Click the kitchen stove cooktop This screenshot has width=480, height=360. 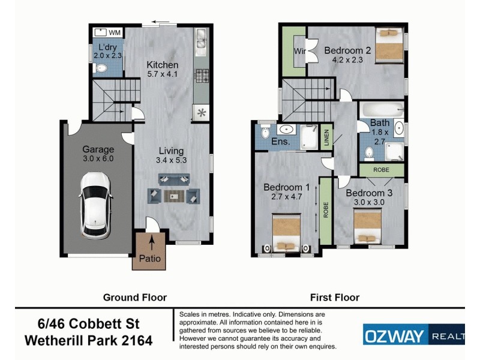[200, 75]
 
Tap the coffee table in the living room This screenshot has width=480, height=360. [174, 194]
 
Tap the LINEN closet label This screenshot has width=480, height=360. [326, 137]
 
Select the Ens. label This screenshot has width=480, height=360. [281, 142]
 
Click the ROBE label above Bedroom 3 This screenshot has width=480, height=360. [382, 170]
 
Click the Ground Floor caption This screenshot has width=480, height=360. [135, 297]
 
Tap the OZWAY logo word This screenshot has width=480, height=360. [395, 334]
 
